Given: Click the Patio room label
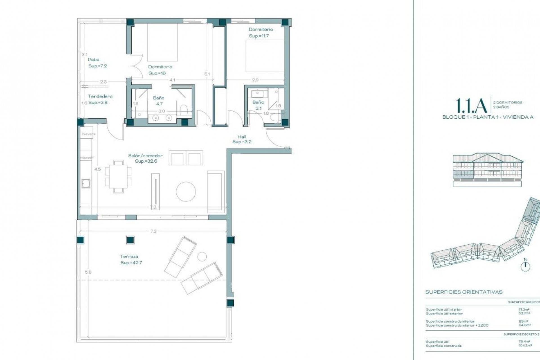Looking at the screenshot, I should pos(94,60).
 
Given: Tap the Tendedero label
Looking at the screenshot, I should pos(100,96).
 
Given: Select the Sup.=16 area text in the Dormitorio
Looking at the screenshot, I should pos(157,73).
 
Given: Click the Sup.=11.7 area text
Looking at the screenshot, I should pos(259,36).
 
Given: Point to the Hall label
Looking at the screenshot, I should pos(242,137).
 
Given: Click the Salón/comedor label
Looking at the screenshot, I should pos(145,156).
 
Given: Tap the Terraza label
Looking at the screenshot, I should pos(129,256).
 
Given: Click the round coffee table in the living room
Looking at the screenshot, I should pos(186,192).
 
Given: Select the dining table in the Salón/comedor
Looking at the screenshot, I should pos(118,177).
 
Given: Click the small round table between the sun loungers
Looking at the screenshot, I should pos(202,256).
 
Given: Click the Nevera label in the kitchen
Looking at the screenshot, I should pos(89,134).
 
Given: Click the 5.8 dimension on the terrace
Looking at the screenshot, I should pos(88,272).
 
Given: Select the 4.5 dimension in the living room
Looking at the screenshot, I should pos(97,169).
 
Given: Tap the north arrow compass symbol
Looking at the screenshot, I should pos(525,266).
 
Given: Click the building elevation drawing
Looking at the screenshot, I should pos(488,169).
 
